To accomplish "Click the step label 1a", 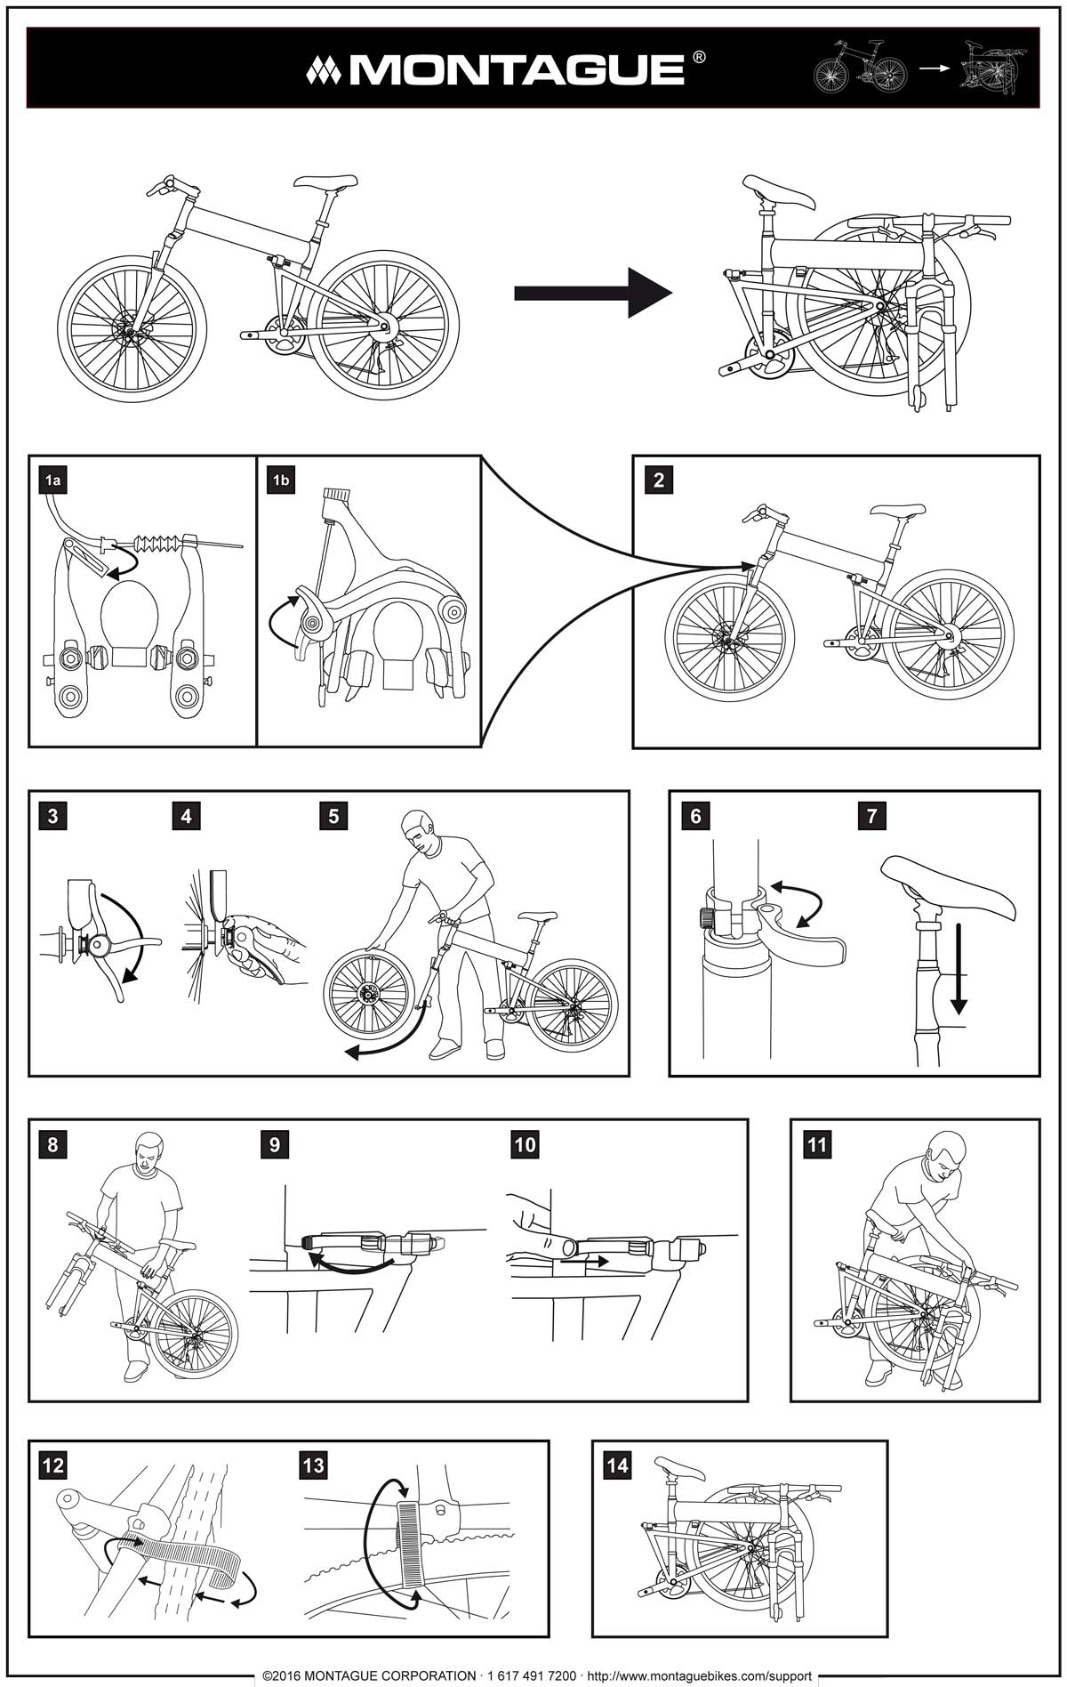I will tap(53, 481).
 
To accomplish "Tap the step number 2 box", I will tap(658, 480).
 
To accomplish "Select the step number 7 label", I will tap(871, 816).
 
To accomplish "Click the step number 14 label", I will tap(617, 1465).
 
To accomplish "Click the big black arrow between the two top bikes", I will tap(592, 293).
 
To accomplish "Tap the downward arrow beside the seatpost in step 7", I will tap(958, 970).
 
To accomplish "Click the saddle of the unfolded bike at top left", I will tap(325, 182).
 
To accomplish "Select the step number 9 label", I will tap(274, 1144).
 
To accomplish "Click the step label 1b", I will tap(281, 481).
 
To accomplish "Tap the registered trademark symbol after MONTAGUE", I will tap(699, 57).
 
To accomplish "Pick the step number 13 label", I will tap(313, 1465).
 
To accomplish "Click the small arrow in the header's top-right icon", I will tap(935, 68).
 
